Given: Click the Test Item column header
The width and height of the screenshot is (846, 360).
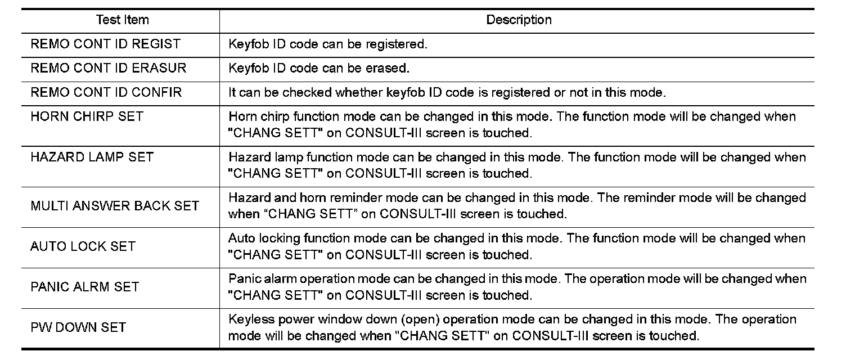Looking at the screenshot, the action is [122, 20].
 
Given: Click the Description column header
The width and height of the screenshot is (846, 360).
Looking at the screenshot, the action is [519, 20].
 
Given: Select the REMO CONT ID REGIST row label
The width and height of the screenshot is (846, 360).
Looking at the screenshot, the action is [105, 44].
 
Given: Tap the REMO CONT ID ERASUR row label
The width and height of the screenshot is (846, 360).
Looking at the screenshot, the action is [108, 68].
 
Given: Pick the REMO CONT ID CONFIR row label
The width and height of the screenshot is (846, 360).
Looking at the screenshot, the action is [106, 92].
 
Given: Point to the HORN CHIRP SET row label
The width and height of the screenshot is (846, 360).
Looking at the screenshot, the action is [87, 116].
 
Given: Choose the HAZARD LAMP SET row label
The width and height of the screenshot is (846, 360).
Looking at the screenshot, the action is [92, 157].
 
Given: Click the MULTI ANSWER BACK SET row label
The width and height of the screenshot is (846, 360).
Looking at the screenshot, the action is [115, 206].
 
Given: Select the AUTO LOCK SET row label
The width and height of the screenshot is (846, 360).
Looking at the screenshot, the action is [83, 246].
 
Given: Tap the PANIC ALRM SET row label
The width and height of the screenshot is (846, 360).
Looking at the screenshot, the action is [84, 287].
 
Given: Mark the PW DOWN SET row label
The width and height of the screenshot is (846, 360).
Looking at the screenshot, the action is [78, 327].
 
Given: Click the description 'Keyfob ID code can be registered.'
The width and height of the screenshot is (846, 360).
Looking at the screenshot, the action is [327, 44].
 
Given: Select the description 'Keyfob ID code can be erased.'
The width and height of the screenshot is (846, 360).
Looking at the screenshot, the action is [318, 68].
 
